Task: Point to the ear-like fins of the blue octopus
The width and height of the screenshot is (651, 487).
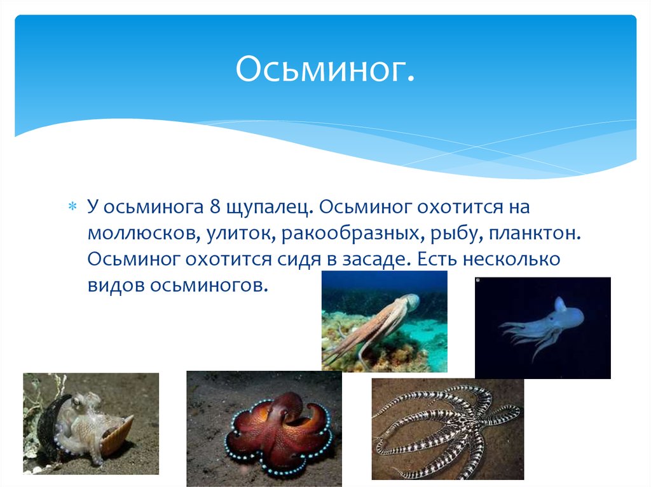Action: [x=559, y=304]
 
